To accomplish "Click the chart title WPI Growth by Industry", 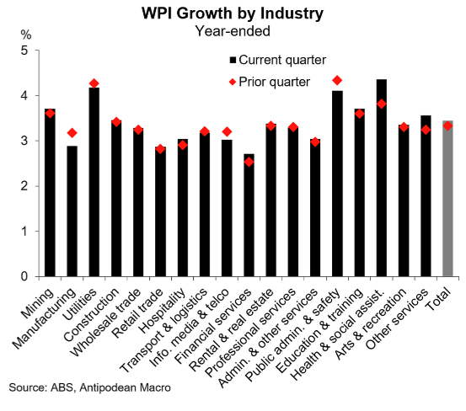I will pyautogui.click(x=233, y=14).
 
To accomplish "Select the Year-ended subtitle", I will pyautogui.click(x=233, y=33).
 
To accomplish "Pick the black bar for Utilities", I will pyautogui.click(x=94, y=182).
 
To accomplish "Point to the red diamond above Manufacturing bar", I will pyautogui.click(x=72, y=133).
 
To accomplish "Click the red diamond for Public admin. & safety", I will pyautogui.click(x=336, y=80).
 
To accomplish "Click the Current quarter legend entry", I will pyautogui.click(x=270, y=60).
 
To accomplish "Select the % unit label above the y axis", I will pyautogui.click(x=24, y=35).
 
